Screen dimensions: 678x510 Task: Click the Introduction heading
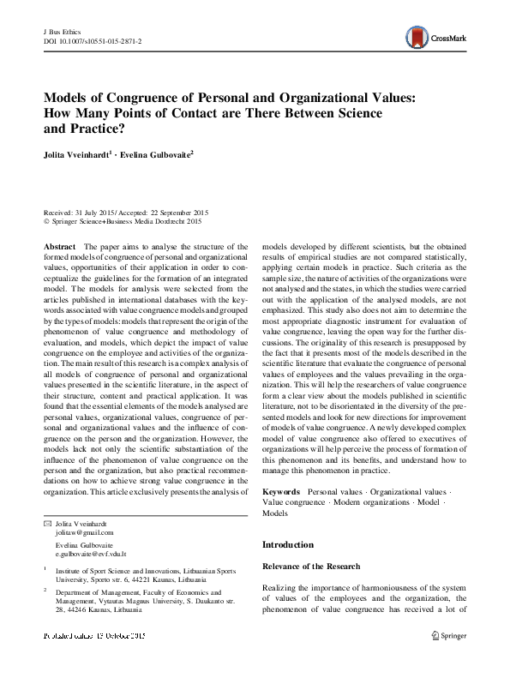(x=288, y=544)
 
